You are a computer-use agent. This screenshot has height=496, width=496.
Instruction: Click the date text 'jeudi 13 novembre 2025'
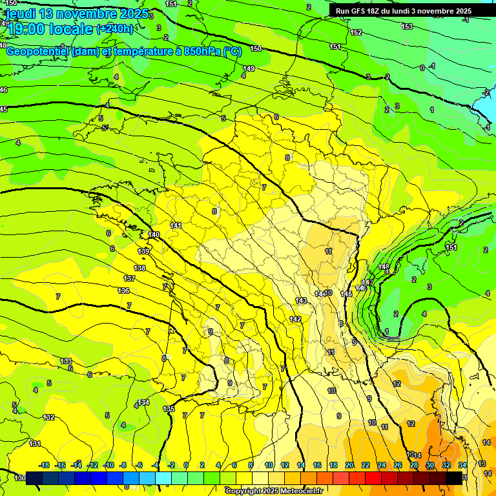[x=77, y=14]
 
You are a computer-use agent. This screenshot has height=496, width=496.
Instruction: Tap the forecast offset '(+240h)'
[x=115, y=28]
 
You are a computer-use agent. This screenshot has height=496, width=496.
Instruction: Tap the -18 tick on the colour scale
[x=45, y=465]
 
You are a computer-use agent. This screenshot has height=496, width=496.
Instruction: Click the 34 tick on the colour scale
[x=462, y=465]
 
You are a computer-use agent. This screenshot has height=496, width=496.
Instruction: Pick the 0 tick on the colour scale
[x=186, y=465]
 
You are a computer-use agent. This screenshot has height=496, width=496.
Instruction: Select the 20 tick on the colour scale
[x=349, y=465]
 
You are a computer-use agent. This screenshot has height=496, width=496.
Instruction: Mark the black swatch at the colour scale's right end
[x=454, y=477]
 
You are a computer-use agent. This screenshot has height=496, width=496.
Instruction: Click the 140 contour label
[x=154, y=234]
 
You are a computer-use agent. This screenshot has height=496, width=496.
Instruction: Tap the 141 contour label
[x=176, y=225]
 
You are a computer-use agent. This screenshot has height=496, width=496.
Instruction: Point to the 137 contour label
[x=130, y=278]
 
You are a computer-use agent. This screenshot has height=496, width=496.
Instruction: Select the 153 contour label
[x=407, y=26]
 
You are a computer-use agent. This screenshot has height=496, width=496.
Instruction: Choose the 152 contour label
[x=356, y=32]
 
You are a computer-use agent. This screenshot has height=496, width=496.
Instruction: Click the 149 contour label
[x=249, y=68]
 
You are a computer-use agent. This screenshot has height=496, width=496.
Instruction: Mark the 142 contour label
[x=295, y=320]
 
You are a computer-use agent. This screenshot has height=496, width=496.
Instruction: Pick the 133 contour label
[x=66, y=361]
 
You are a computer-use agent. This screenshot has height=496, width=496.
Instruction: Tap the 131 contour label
[x=35, y=444]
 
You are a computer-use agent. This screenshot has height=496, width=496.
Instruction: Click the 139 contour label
[x=144, y=251]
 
